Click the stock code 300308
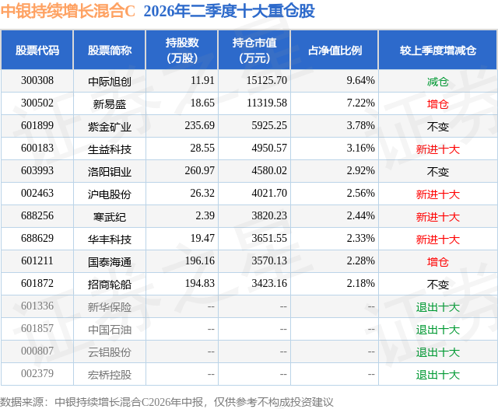(37, 81)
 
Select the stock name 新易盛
(110, 103)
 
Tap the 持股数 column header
(182, 50)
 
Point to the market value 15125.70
(266, 81)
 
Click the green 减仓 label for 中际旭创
(437, 82)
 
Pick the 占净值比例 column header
(335, 50)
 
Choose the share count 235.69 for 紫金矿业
(199, 126)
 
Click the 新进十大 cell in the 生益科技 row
(437, 149)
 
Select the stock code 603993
(37, 171)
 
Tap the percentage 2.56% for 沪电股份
(360, 194)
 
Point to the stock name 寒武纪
(110, 217)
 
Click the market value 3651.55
(269, 238)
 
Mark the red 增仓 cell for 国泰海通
(437, 262)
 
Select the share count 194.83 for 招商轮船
(199, 283)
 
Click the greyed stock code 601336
(37, 306)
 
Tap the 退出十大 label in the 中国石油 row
(437, 330)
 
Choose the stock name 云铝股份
(110, 352)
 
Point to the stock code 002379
(37, 373)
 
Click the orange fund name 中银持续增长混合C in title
(68, 11)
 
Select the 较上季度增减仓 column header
(437, 50)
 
